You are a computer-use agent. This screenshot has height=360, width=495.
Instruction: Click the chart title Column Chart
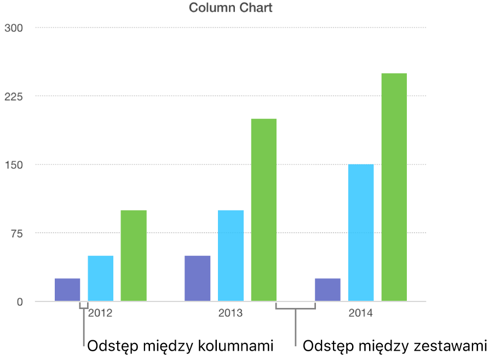231,8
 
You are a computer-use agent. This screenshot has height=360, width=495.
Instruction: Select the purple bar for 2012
67,290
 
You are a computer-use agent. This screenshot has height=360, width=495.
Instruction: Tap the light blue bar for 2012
101,278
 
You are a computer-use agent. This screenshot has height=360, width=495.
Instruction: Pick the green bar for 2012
134,256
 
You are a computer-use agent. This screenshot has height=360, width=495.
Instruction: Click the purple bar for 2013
197,278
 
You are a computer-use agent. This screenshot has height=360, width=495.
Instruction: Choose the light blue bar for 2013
231,256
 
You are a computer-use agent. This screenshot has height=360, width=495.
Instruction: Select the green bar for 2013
263,210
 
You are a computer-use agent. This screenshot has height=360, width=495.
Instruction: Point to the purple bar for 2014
327,290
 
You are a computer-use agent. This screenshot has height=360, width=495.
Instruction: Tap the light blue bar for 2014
361,233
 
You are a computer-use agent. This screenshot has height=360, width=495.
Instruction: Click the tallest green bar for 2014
394,187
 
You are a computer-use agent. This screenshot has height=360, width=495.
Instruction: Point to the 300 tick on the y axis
13,28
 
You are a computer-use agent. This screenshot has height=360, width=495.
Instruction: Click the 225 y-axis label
13,96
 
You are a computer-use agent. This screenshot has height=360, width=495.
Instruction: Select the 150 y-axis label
13,165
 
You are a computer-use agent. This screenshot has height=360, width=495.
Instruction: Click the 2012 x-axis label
100,314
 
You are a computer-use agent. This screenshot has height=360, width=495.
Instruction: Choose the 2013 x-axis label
231,314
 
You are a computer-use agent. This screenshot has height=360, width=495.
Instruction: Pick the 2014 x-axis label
360,314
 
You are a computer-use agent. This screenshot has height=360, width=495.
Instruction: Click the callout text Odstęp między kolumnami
180,346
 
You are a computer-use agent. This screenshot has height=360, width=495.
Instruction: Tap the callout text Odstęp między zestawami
394,346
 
